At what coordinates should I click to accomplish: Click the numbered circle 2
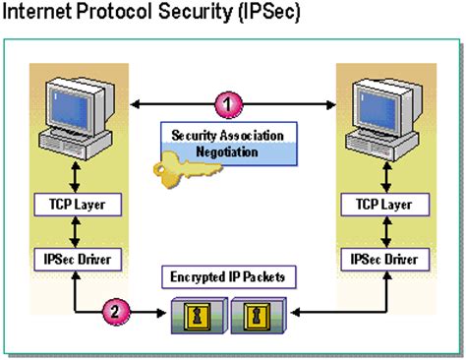tap(117, 314)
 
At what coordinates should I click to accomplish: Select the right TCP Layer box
tap(382, 206)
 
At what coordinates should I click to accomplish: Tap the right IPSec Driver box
tap(382, 259)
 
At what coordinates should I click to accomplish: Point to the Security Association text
tap(227, 135)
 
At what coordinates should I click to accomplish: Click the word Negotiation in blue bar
tap(227, 151)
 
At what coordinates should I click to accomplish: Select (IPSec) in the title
tap(264, 14)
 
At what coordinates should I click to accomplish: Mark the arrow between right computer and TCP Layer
tap(382, 178)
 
